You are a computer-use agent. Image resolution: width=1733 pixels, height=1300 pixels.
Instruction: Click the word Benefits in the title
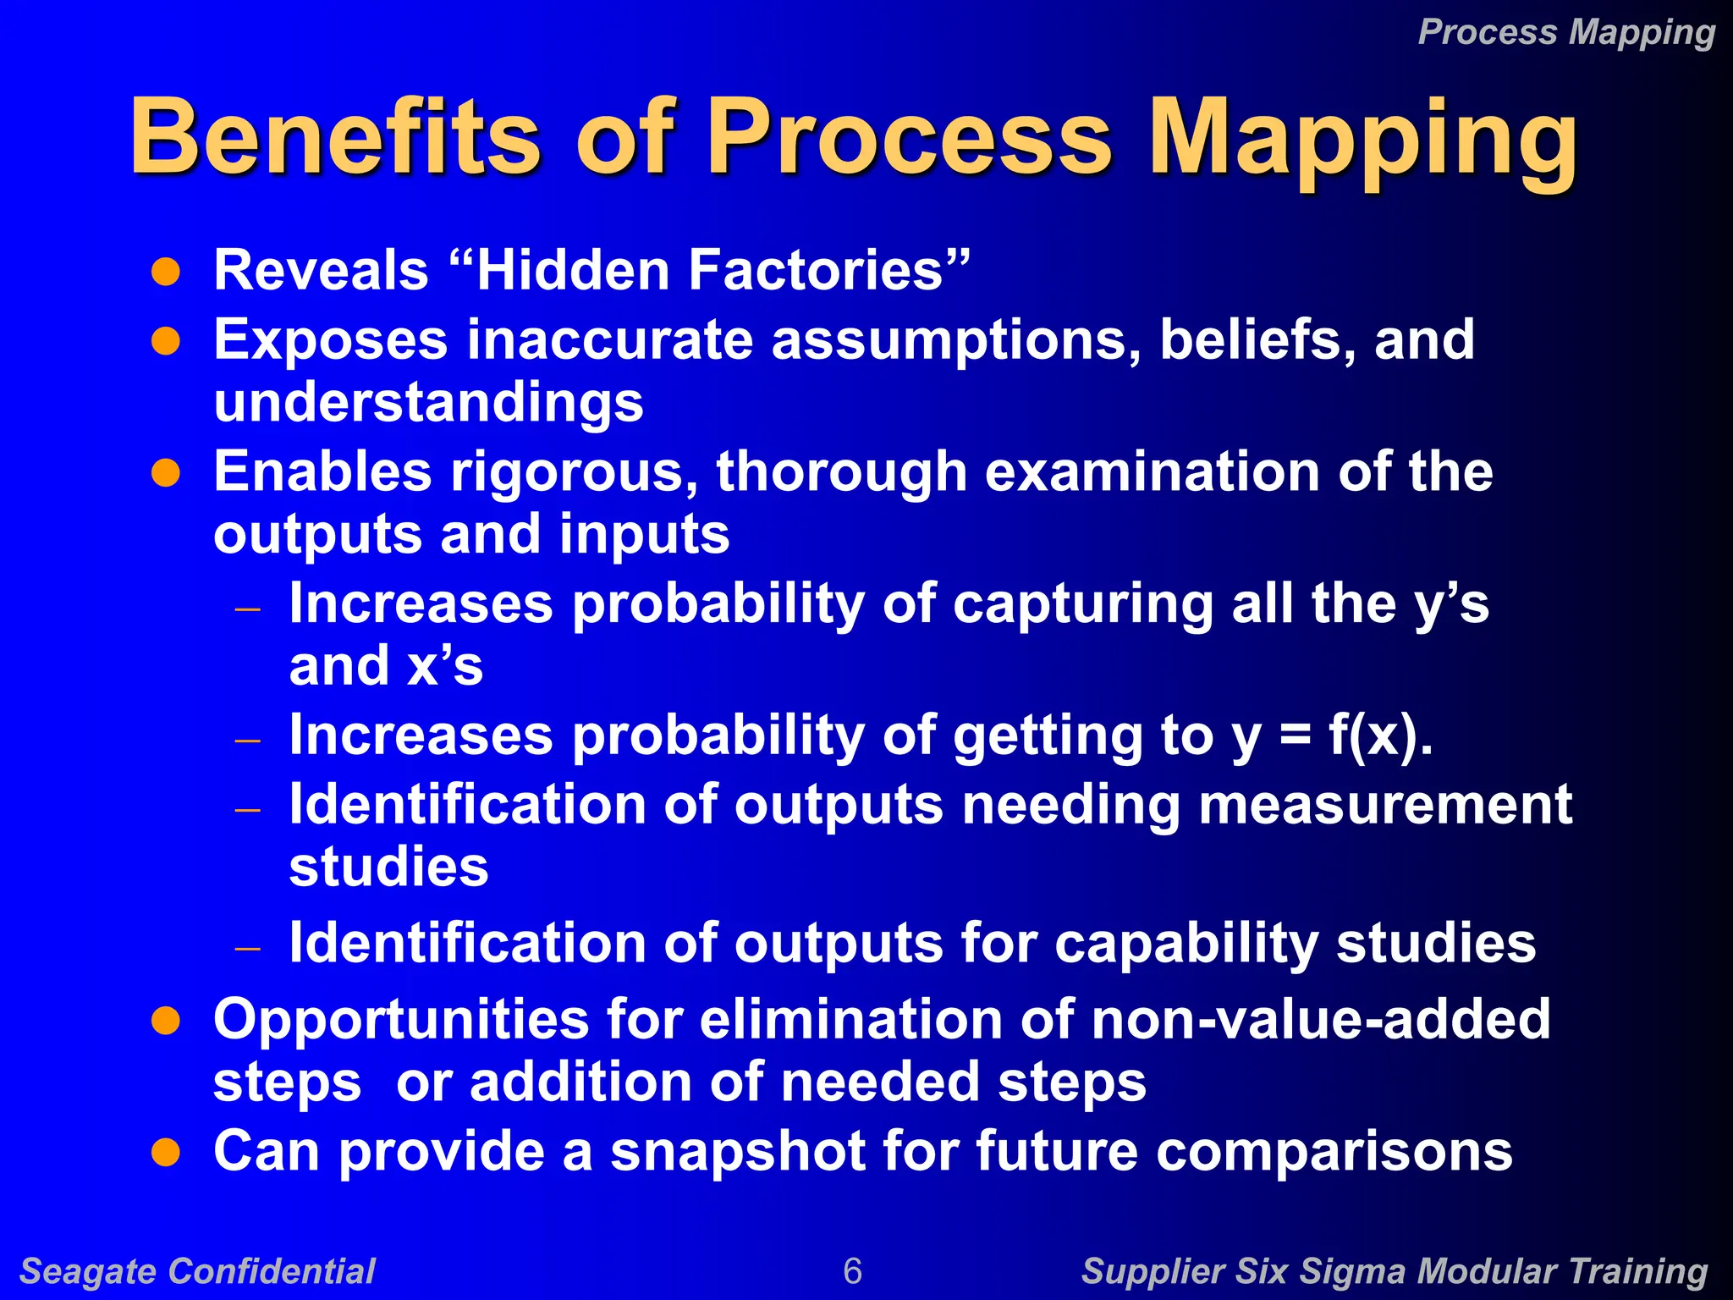[334, 137]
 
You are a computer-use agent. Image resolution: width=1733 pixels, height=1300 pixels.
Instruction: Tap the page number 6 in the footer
[852, 1271]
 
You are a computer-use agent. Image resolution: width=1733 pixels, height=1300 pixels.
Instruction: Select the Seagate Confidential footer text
[197, 1271]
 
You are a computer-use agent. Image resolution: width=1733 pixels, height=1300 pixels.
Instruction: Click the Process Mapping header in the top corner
[1566, 32]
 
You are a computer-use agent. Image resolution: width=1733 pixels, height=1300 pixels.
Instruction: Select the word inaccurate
[609, 340]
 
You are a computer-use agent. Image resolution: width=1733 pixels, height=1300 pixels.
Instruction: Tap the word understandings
[428, 403]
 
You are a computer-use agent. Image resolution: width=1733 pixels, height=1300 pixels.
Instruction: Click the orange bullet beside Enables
[166, 474]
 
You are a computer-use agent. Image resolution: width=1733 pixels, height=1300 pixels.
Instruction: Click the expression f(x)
[1379, 735]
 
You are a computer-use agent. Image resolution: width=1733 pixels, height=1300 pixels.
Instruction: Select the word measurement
[1385, 804]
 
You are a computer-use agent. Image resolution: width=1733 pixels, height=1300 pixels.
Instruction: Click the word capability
[1185, 943]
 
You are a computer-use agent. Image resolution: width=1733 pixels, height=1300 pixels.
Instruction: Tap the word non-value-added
[1321, 1019]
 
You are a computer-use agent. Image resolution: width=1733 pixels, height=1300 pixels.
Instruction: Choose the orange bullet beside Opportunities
[166, 1021]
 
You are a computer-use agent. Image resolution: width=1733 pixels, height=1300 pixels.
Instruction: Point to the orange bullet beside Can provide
[166, 1153]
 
